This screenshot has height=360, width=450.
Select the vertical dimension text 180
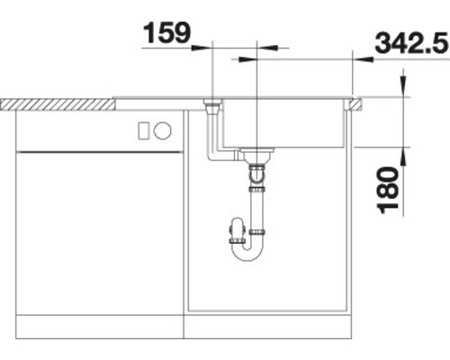pos(390,190)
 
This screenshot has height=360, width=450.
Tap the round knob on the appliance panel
pos(163,130)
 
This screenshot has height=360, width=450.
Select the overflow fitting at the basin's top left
pos(213,108)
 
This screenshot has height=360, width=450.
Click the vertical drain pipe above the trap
pos(257,202)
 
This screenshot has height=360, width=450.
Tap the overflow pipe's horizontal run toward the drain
pos(229,158)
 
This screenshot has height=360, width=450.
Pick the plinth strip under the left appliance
pos(99,325)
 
